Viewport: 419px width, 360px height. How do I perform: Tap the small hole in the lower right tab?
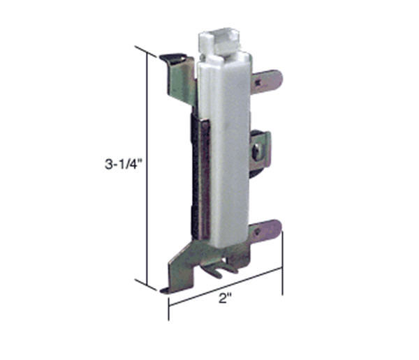click(260, 231)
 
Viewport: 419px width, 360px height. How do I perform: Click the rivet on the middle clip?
click(258, 149)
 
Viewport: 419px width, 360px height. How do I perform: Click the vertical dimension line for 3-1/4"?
click(147, 167)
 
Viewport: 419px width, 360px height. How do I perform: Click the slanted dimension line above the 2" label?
click(225, 285)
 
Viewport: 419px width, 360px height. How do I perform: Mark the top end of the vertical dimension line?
click(147, 52)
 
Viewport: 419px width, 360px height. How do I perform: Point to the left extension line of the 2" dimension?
click(168, 307)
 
